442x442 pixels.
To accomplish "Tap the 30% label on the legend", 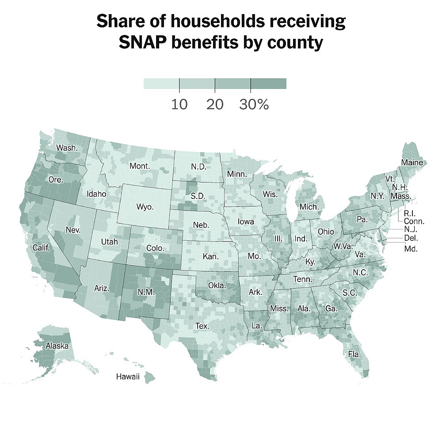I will click(x=254, y=105).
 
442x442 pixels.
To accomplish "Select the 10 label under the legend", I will click(x=179, y=105).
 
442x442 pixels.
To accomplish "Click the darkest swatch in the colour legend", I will click(x=268, y=84).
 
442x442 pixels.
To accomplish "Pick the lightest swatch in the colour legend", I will click(x=161, y=84).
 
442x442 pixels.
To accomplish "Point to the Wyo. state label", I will click(x=145, y=207).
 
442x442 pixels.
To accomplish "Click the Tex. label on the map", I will click(x=202, y=326).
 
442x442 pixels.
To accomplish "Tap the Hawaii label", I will click(x=128, y=377).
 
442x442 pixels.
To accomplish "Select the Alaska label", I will click(x=57, y=346).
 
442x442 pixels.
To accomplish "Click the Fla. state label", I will click(x=354, y=354).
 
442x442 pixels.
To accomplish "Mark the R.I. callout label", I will click(x=409, y=214).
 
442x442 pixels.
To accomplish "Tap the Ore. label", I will click(x=56, y=180).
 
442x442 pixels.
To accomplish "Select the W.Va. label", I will click(x=343, y=245).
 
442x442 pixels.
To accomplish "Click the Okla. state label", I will click(x=217, y=285).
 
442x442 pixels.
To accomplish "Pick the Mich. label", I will click(x=309, y=206).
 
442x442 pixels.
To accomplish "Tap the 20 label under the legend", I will click(x=215, y=105).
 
